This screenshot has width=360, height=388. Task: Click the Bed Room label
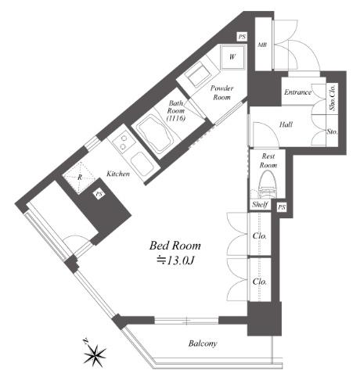point(175,246)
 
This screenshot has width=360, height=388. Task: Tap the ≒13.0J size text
point(175,260)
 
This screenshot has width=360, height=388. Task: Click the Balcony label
point(203,343)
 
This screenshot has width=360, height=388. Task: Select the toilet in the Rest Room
point(267,185)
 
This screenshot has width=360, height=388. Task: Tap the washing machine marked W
point(232,57)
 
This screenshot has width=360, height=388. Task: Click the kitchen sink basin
point(142,165)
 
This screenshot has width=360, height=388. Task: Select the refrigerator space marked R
point(80,178)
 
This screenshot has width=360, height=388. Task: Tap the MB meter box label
point(262,45)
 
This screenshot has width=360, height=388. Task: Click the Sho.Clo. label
point(333,97)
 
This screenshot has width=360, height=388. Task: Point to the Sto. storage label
point(333,131)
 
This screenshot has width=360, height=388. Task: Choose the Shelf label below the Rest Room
point(260,204)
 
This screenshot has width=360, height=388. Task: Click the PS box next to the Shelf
point(282,207)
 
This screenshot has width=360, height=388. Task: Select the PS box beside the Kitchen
point(99,194)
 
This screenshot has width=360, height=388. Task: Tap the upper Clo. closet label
point(260,236)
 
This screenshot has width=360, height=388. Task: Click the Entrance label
point(297,92)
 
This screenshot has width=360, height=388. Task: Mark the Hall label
point(286,124)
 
